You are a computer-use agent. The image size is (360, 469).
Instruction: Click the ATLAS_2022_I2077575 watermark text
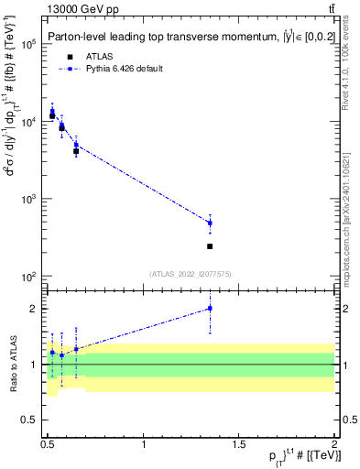click(x=190, y=274)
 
